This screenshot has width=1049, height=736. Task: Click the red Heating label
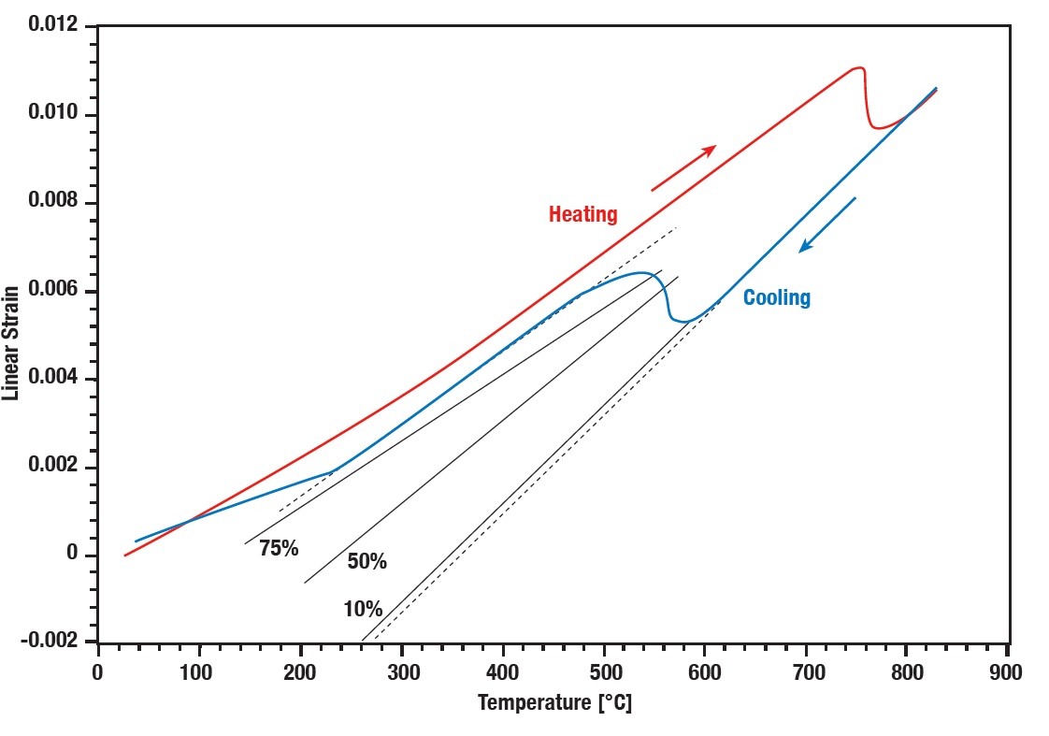click(x=582, y=214)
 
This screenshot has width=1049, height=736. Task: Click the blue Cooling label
click(x=776, y=298)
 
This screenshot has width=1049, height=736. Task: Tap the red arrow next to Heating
click(x=683, y=167)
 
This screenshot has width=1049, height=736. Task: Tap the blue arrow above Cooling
click(x=826, y=224)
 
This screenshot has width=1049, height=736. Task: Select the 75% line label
click(x=279, y=549)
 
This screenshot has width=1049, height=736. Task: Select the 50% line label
click(x=366, y=562)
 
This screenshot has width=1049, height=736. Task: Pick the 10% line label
click(x=363, y=610)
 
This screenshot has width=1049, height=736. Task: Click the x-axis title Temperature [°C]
click(x=554, y=702)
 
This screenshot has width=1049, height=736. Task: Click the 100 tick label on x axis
click(x=198, y=671)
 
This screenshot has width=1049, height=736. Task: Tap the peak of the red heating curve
click(x=858, y=67)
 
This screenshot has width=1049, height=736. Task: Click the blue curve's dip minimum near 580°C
click(x=683, y=322)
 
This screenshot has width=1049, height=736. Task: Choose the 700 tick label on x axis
click(x=805, y=671)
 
